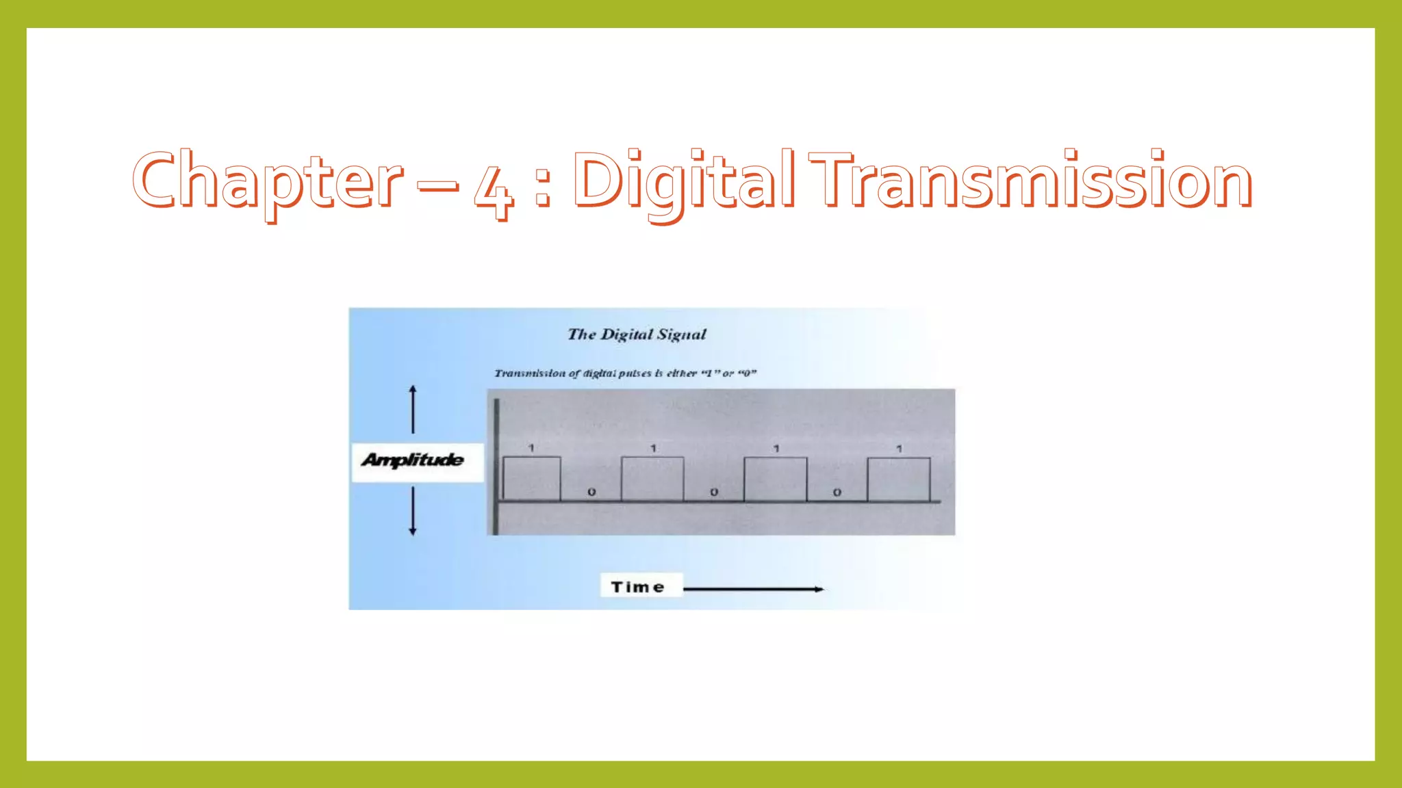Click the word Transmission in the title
[1030, 179]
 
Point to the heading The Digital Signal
[637, 334]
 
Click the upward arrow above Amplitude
[413, 409]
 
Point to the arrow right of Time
[753, 589]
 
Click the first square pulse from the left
[532, 479]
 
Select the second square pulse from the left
[652, 479]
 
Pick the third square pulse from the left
[775, 479]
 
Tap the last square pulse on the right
[898, 479]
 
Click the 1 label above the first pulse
[531, 448]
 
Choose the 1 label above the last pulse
[899, 449]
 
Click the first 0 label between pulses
[591, 492]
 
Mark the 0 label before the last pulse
[837, 492]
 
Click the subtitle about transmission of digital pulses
[625, 373]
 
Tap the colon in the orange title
[543, 189]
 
